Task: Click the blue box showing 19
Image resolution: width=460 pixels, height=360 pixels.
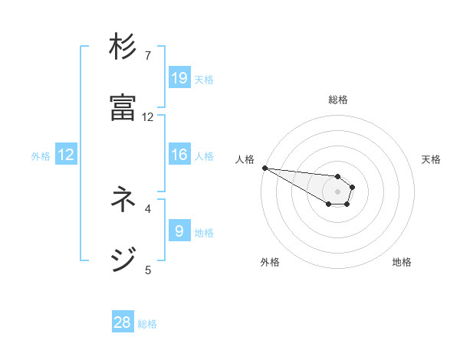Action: [179, 78]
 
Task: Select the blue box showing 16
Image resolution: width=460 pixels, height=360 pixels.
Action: [179, 155]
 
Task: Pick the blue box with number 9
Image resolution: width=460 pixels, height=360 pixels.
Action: [179, 231]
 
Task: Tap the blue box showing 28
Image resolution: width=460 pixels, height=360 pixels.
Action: [123, 323]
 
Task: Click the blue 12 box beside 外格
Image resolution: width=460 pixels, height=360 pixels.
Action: [66, 155]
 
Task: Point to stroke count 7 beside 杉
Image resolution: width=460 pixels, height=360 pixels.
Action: [148, 56]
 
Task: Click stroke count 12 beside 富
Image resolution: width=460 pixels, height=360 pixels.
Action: [148, 117]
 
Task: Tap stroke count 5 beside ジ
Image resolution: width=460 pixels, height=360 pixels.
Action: [148, 269]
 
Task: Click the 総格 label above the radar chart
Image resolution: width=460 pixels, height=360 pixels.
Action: [338, 100]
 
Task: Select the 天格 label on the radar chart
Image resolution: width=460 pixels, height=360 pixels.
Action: [431, 159]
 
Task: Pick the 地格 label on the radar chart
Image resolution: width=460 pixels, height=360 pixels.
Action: [402, 262]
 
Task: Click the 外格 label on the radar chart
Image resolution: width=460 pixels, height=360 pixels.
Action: [270, 262]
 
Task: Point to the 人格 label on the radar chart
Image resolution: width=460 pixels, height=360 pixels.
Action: [245, 159]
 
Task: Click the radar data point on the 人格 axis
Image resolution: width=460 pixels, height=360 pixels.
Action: [264, 168]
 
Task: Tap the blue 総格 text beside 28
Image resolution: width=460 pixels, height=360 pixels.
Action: [147, 324]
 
